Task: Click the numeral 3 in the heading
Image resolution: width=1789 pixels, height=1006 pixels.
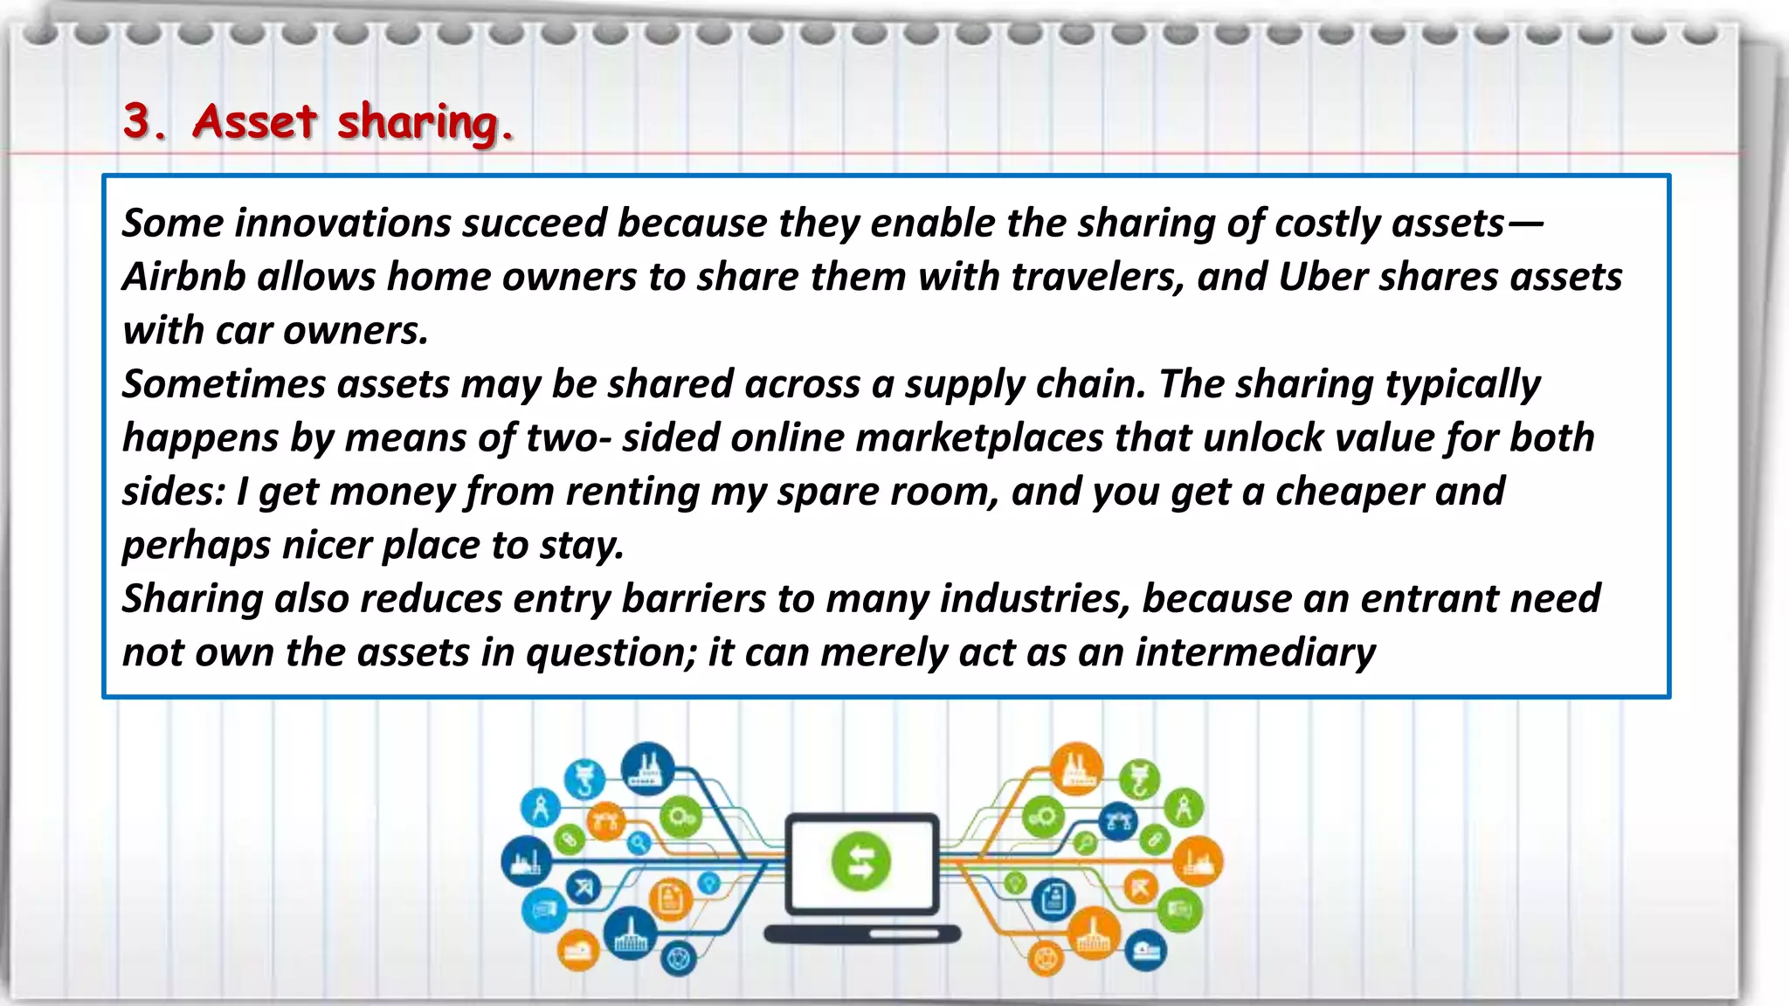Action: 136,121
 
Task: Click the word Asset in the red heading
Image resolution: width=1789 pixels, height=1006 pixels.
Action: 253,121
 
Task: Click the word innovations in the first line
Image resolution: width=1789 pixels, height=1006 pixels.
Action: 342,223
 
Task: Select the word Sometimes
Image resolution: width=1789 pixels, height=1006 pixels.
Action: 224,384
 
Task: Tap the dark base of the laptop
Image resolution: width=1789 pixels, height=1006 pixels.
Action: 861,934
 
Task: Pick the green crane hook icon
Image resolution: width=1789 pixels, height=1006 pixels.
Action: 1139,778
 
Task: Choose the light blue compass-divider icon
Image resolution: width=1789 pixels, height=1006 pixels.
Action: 540,807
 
